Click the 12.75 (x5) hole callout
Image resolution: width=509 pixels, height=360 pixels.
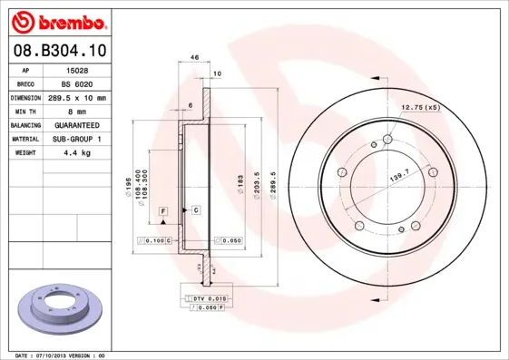pyautogui.click(x=420, y=108)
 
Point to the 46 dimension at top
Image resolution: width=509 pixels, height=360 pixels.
pyautogui.click(x=195, y=57)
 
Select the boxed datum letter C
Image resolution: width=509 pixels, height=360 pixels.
pyautogui.click(x=196, y=210)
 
